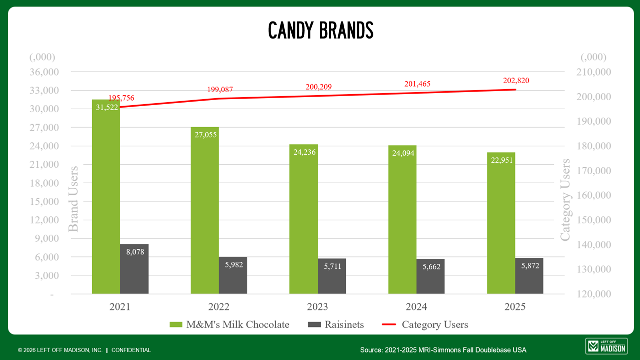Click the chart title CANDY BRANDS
(320, 31)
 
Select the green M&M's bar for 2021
(106, 200)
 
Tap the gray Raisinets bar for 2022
(233, 278)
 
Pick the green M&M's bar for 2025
(501, 225)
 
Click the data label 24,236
(304, 152)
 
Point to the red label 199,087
(220, 90)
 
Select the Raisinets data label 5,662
(431, 267)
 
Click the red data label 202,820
(516, 81)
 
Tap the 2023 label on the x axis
(317, 307)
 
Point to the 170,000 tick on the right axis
(593, 171)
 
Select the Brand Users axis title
(74, 199)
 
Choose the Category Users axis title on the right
(565, 200)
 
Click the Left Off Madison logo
(606, 346)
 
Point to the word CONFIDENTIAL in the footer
(131, 350)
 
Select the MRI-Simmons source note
(443, 350)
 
